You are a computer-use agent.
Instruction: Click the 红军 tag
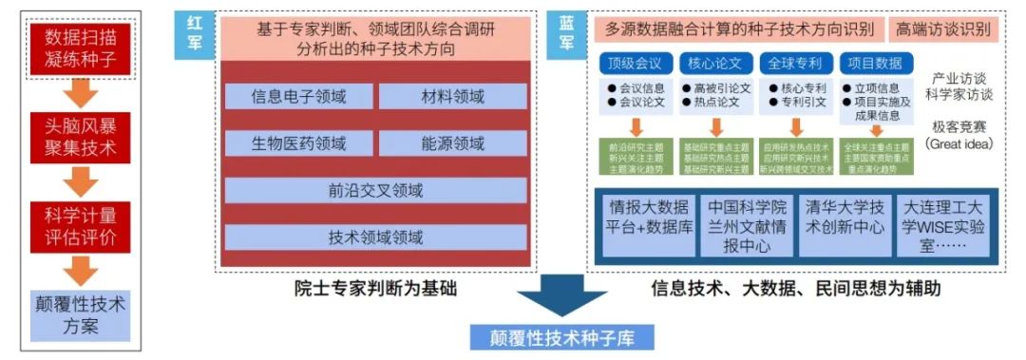click(195, 35)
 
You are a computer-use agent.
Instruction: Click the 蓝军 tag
click(566, 35)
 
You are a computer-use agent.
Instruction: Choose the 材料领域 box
click(452, 97)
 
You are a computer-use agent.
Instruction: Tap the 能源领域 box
click(452, 143)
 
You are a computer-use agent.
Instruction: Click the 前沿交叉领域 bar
click(375, 190)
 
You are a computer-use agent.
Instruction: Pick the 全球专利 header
click(796, 64)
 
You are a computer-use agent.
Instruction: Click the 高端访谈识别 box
click(943, 29)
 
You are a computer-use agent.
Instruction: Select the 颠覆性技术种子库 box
click(562, 337)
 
